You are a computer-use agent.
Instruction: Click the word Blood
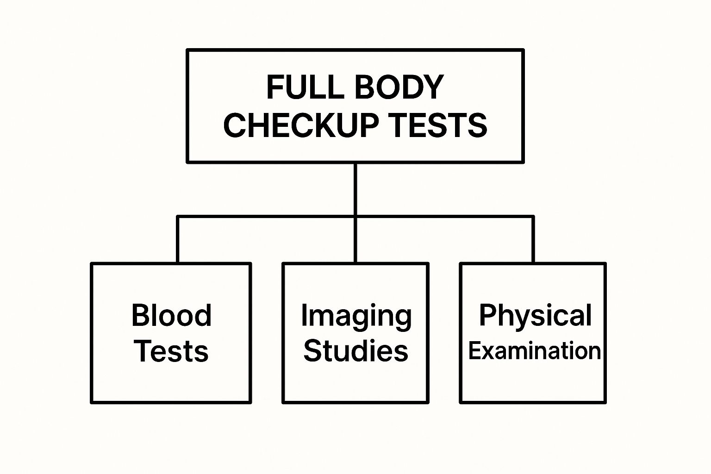tap(171, 315)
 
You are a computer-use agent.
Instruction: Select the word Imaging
tap(356, 317)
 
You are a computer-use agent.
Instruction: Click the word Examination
tap(535, 351)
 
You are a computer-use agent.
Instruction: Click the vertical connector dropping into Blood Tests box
tap(177, 240)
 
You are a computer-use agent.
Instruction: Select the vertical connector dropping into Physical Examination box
tap(533, 240)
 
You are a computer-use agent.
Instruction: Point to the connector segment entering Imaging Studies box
tap(355, 241)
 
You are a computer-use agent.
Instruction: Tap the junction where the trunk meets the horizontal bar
tap(355, 216)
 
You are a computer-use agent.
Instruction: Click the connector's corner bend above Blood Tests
tap(177, 216)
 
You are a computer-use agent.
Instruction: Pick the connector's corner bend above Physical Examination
tap(533, 216)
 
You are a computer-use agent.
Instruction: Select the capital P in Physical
tap(487, 315)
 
